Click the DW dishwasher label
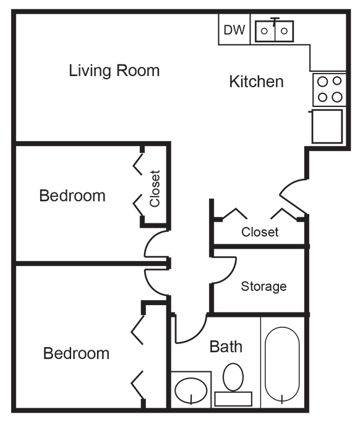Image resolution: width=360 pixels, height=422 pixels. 234,30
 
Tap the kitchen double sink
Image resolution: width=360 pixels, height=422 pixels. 274,31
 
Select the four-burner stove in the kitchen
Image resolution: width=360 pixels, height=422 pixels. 329,89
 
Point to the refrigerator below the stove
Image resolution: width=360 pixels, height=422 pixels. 327,126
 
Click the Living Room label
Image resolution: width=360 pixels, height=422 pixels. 114,71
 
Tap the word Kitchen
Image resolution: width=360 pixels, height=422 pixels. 257,82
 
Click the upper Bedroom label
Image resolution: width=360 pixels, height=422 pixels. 72,196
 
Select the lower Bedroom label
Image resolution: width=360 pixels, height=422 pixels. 76,353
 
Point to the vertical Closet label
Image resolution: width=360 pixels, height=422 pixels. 155,189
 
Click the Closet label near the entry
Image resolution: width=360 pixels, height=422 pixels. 260,232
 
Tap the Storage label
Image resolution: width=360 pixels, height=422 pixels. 264,286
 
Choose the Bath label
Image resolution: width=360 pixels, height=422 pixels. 226,347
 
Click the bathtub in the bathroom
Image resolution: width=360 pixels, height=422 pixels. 282,365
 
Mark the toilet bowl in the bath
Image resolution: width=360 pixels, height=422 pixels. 233,377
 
